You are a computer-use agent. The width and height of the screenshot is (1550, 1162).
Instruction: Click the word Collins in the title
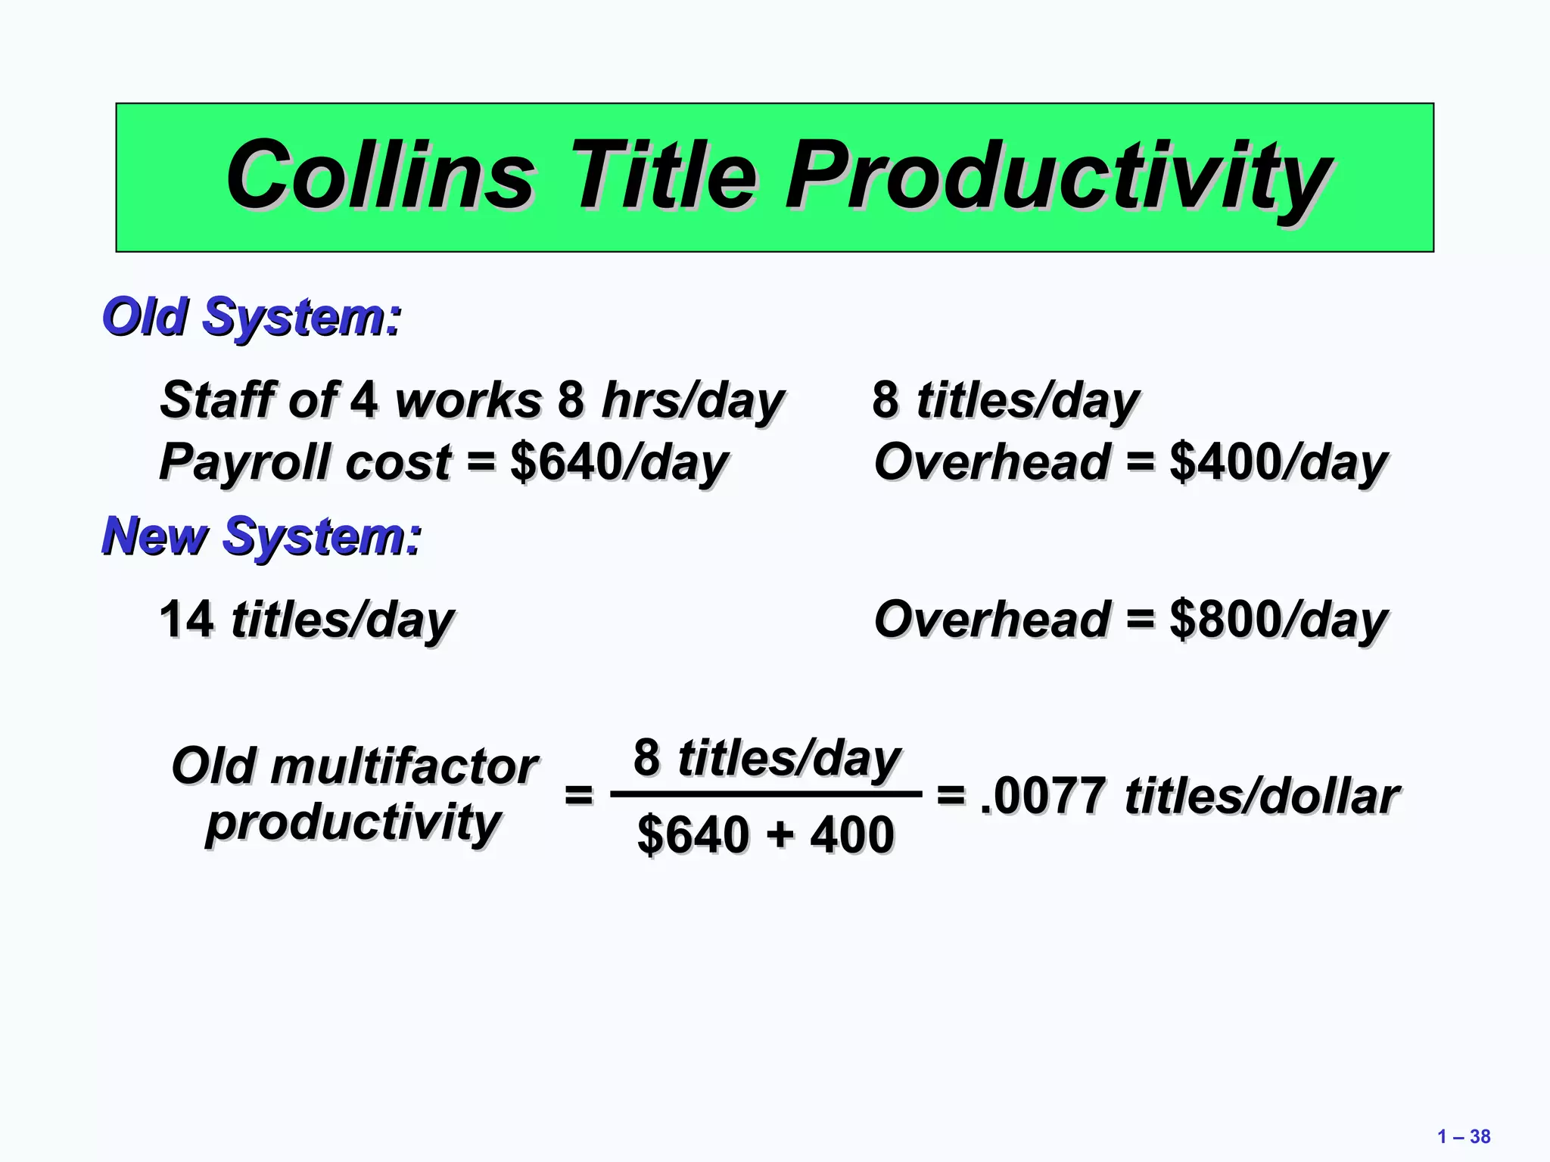[x=380, y=176]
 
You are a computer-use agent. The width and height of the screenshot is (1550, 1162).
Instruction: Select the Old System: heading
[x=251, y=317]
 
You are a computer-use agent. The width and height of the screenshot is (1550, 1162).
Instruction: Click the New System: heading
[x=261, y=536]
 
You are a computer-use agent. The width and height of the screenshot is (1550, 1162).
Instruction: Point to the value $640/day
[x=618, y=463]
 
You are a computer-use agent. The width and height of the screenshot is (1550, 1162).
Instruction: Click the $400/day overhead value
[x=1278, y=463]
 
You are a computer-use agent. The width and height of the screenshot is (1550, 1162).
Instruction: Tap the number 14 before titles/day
[x=186, y=620]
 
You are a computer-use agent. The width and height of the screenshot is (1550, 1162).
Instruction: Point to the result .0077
[x=1042, y=797]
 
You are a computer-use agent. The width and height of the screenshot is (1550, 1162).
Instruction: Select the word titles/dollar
[x=1262, y=797]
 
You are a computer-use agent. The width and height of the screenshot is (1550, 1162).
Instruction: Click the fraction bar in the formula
[x=766, y=794]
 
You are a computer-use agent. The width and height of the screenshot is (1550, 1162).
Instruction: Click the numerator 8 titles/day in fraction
[x=766, y=758]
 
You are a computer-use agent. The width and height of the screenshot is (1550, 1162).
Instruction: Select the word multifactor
[x=403, y=766]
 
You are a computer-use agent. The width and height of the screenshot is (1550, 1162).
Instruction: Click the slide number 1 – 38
[x=1463, y=1136]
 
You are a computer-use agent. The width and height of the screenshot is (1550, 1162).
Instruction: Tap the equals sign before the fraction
[x=579, y=795]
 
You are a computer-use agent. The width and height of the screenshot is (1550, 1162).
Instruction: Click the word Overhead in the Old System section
[x=991, y=463]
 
